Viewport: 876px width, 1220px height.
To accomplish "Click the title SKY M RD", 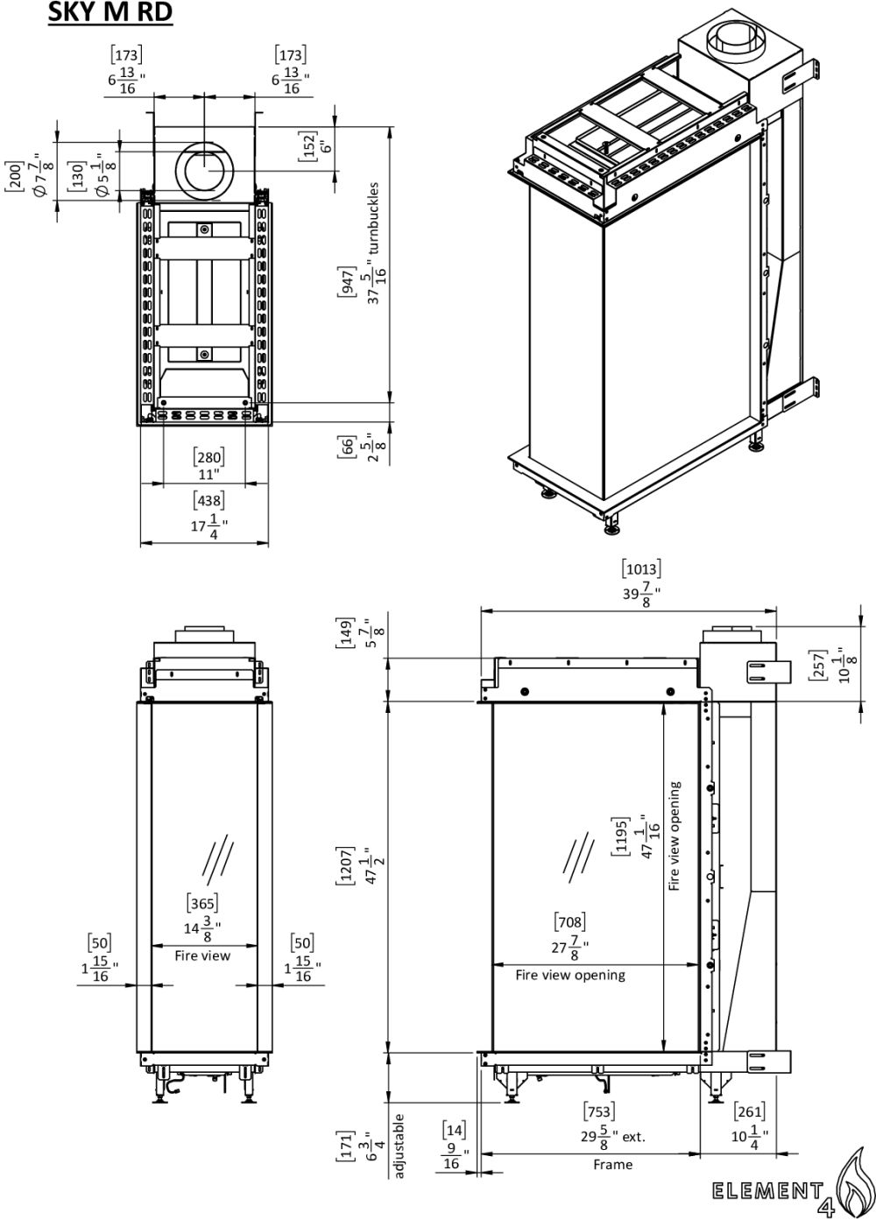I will pyautogui.click(x=110, y=13).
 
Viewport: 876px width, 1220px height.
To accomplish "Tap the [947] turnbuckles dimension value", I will pyautogui.click(x=347, y=279).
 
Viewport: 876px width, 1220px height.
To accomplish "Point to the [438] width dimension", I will pyautogui.click(x=208, y=500).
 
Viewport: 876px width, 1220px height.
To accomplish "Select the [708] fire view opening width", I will pyautogui.click(x=569, y=921).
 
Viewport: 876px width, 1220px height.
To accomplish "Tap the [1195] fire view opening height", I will pyautogui.click(x=620, y=837).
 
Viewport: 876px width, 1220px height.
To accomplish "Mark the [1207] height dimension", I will pyautogui.click(x=347, y=867).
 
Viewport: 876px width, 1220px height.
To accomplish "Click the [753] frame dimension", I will pyautogui.click(x=598, y=1111).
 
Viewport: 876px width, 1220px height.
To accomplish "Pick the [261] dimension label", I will pyautogui.click(x=748, y=1111).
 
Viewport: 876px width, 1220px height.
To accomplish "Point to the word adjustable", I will pyautogui.click(x=399, y=1144).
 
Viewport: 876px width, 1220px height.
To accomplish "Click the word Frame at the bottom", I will pyautogui.click(x=611, y=1165).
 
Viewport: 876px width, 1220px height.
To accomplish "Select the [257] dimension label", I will pyautogui.click(x=816, y=667).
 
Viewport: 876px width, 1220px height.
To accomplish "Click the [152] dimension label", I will pyautogui.click(x=307, y=145).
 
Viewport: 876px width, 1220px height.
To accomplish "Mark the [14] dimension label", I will pyautogui.click(x=454, y=1130).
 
